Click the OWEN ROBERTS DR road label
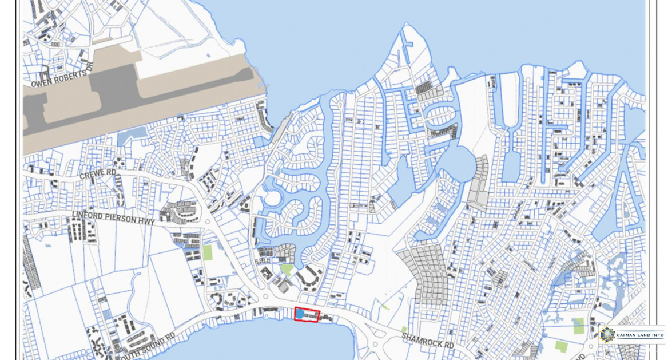60,78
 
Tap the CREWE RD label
98,174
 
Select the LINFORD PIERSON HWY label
113,217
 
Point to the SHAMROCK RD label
427,341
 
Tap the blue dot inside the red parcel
300,314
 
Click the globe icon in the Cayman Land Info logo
607,334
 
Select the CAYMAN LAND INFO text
640,334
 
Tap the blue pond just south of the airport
132,133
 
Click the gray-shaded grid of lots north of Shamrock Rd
426,275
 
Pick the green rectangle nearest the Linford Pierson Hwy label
208,252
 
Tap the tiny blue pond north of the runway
208,56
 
